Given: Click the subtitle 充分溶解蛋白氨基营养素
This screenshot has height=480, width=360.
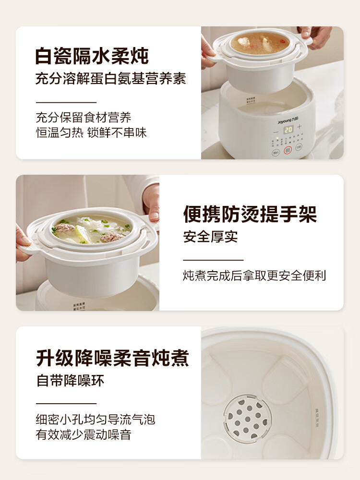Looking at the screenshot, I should (x=110, y=79).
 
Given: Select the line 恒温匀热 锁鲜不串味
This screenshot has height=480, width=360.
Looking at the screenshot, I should (x=91, y=132).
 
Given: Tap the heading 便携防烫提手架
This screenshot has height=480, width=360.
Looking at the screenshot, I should (x=250, y=215).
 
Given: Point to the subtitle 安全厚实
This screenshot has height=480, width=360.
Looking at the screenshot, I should (x=210, y=236).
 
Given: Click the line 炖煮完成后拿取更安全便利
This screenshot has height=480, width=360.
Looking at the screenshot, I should (x=254, y=276).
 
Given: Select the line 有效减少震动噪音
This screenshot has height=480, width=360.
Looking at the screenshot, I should (x=84, y=435).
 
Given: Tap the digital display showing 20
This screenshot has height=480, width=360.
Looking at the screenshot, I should (x=288, y=129).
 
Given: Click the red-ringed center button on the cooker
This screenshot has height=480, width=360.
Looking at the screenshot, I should (x=288, y=150).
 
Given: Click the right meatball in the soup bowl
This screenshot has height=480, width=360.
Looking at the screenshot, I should (x=112, y=236).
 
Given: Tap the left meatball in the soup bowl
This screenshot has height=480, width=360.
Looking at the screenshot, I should (x=64, y=228).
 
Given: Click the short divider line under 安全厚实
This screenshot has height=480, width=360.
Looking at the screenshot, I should (x=213, y=260).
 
